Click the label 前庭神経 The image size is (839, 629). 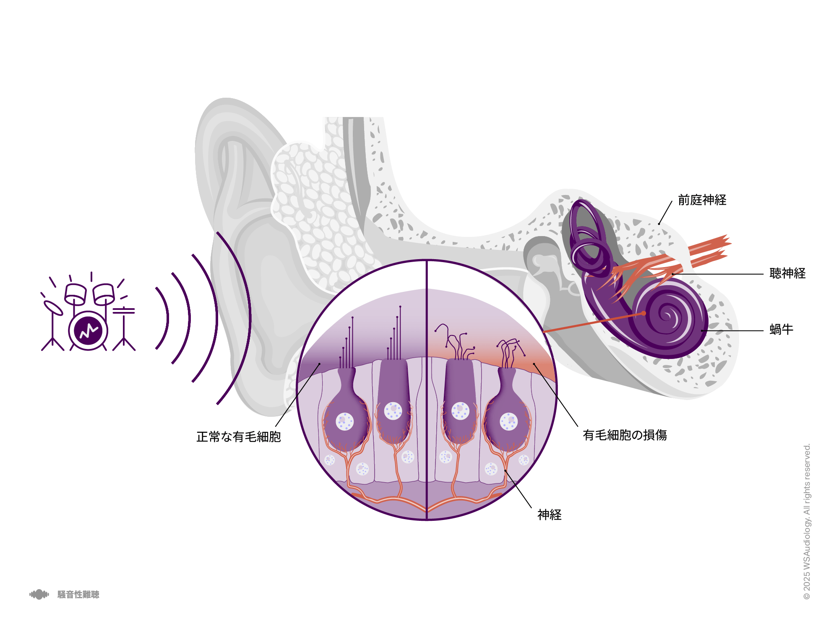click(702, 200)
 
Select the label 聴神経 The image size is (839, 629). click(787, 273)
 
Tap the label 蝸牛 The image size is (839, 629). click(781, 330)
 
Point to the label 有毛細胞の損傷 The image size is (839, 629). click(625, 435)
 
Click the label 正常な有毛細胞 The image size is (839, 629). click(239, 437)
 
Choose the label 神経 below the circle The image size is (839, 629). click(550, 515)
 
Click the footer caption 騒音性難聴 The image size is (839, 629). click(78, 595)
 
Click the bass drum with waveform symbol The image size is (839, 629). click(89, 330)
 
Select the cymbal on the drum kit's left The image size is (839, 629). click(53, 307)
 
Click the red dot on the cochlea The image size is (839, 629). click(644, 313)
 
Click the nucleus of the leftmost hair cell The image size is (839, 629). click(345, 421)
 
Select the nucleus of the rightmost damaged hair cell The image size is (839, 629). click(509, 421)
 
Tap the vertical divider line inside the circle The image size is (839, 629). click(427, 390)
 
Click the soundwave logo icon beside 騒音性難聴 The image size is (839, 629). click(39, 595)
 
